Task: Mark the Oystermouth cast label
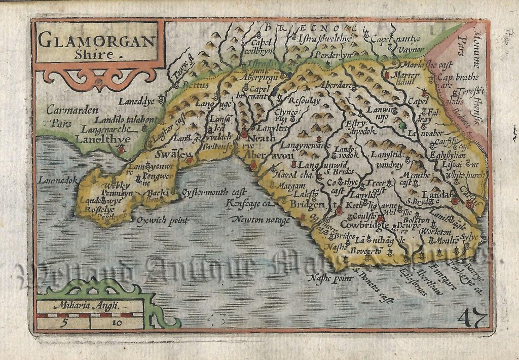(213, 192)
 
